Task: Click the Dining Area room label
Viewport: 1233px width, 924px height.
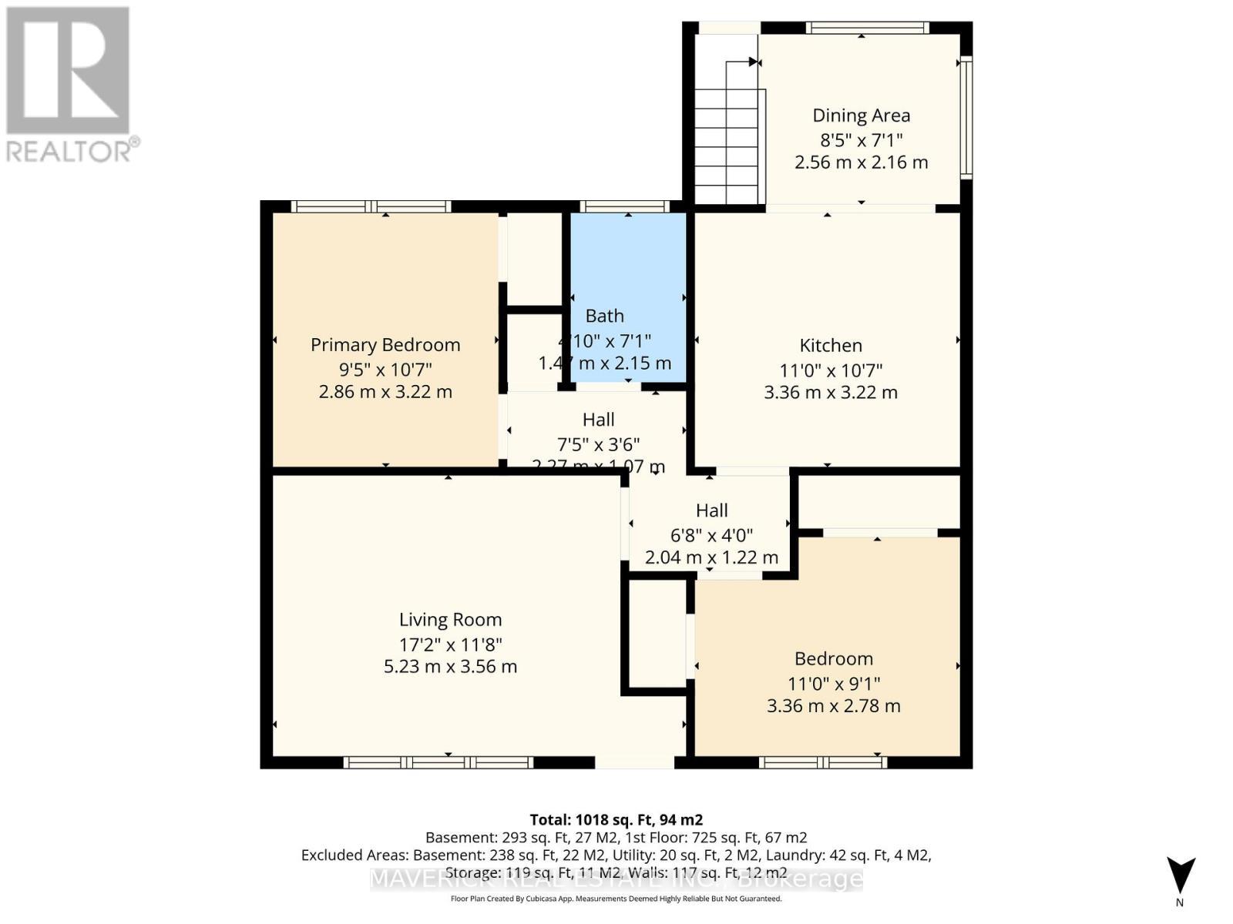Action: tap(861, 115)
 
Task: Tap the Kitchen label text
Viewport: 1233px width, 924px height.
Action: tap(830, 345)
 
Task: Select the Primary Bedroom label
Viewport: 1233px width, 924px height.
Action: tap(385, 344)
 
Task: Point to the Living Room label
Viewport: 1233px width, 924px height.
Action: tap(450, 619)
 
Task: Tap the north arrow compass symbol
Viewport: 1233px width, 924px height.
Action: tap(1180, 878)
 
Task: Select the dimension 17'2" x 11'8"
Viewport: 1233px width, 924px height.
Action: tap(450, 644)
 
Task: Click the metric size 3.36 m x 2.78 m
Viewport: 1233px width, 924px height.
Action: tap(833, 705)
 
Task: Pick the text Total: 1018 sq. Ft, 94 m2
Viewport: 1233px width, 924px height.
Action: tap(616, 819)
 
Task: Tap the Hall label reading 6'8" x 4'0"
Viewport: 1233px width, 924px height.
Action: tap(711, 534)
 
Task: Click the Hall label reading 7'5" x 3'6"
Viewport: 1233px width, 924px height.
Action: tap(598, 444)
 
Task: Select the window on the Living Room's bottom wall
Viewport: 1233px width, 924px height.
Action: tap(438, 762)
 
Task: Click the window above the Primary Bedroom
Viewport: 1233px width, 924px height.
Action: tap(371, 206)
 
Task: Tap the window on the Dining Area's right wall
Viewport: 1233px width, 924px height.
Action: tap(966, 117)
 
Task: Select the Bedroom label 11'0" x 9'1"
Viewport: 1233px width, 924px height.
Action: tap(833, 683)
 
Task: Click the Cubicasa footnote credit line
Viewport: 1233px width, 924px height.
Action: tap(616, 899)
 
